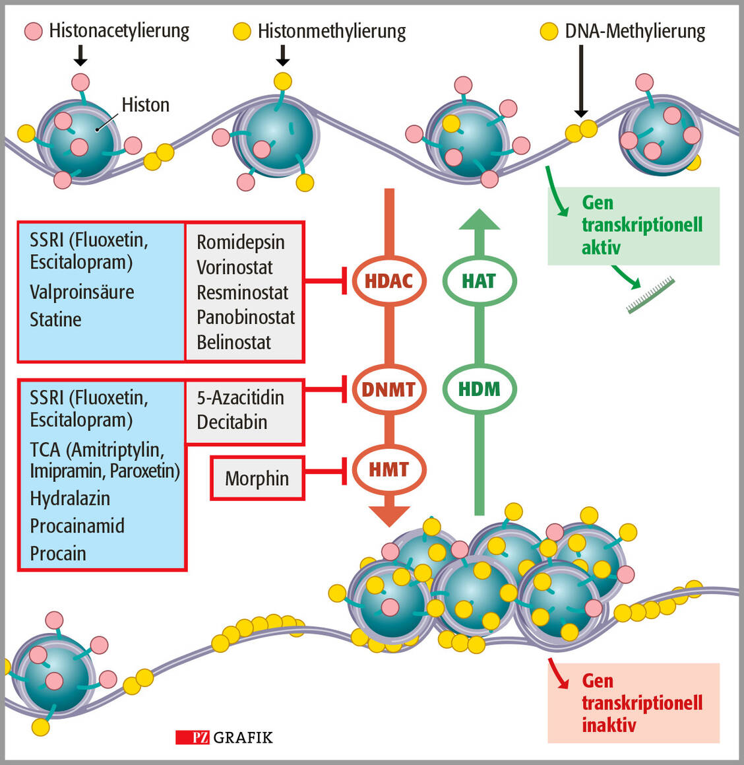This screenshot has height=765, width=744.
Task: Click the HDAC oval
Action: pos(388,281)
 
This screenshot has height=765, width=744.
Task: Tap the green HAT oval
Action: pos(479,281)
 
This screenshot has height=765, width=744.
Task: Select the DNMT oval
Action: pos(388,389)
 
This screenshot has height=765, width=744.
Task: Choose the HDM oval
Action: pos(479,389)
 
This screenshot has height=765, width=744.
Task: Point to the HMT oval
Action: pos(388,469)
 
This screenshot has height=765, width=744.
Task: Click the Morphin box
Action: pos(257,478)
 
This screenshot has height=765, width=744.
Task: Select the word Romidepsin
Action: pos(241,242)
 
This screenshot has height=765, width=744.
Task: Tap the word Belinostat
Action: pos(233,343)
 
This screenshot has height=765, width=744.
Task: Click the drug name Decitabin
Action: pos(232,422)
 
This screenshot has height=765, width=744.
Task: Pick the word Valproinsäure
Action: pos(82,292)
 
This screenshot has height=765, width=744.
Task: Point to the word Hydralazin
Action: pos(70,498)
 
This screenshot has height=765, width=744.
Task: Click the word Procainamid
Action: pos(77,526)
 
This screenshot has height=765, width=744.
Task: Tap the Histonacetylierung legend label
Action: pos(119,31)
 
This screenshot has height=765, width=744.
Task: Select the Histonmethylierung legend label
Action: pos(331,31)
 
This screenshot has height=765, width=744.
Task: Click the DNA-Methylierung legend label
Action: pos(635,31)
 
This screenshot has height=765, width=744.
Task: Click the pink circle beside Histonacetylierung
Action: pos(34,31)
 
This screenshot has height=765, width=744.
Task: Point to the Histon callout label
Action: pos(145,105)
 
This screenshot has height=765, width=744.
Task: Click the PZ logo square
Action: pos(193,737)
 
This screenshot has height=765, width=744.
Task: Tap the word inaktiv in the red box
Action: pos(609,725)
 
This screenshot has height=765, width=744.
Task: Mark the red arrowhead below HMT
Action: pos(389,516)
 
